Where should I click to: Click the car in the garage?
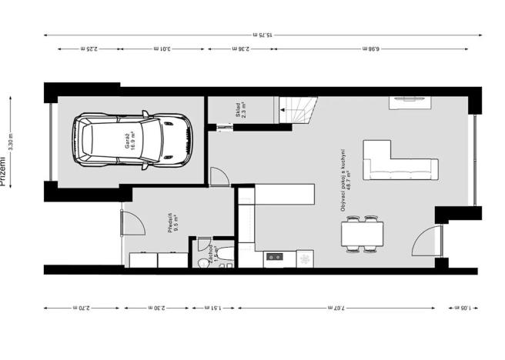pos(133,140)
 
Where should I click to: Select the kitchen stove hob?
pos(274,257)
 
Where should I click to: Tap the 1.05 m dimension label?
pos(462,308)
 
